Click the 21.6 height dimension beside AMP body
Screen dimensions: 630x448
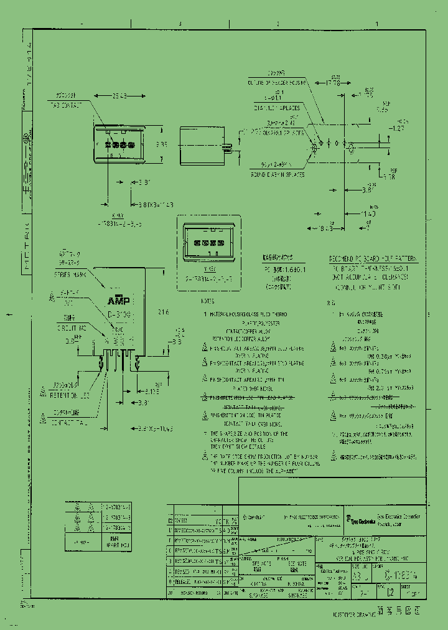[163, 311]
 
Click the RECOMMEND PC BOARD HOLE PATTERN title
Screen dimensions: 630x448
[373, 257]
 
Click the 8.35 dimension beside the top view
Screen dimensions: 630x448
[161, 144]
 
